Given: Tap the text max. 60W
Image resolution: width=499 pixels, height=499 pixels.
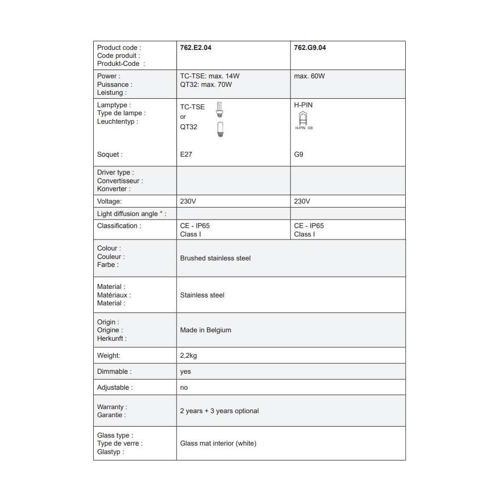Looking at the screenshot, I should [x=309, y=76].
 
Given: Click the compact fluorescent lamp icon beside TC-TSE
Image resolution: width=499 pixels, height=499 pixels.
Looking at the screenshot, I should [x=220, y=109].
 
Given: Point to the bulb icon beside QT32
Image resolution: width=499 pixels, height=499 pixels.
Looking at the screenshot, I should [x=220, y=129].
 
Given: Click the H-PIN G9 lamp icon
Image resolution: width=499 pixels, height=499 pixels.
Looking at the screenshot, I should [x=303, y=118].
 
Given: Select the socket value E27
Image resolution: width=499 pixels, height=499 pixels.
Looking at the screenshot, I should [x=186, y=155].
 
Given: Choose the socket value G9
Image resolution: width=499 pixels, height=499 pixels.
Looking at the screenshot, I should [x=299, y=155].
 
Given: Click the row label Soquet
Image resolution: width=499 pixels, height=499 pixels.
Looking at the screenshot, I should [x=110, y=155].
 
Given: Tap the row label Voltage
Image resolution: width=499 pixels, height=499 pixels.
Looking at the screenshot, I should [x=110, y=202].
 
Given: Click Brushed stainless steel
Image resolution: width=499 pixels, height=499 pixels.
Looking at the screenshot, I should [x=215, y=258].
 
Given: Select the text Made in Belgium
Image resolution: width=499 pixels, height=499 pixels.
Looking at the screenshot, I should [x=205, y=330].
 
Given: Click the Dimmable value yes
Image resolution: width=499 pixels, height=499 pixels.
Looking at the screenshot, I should [x=185, y=372].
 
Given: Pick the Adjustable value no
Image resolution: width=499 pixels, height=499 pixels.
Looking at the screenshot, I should [x=184, y=387].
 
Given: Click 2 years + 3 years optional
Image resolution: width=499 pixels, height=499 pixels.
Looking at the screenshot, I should [x=219, y=411].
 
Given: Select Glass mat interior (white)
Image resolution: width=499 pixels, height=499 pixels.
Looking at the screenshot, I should [x=218, y=443].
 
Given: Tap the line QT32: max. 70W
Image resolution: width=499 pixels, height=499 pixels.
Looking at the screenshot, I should [x=206, y=84].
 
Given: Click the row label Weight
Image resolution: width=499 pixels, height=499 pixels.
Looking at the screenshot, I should [x=109, y=356].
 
